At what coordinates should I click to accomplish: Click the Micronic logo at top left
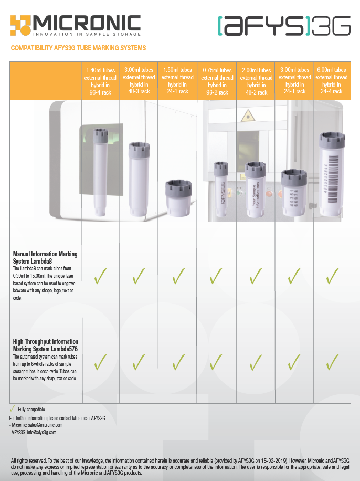pos(76,26)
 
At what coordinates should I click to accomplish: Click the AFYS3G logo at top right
pos(284,26)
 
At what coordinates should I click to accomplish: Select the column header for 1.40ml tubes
pos(100,81)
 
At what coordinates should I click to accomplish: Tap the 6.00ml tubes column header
pos(332,81)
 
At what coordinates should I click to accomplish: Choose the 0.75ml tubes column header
pos(217,81)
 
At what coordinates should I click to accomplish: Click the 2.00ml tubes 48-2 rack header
pos(256,81)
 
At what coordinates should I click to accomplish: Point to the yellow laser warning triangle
pos(248,116)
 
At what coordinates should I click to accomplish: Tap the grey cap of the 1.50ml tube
pos(178,190)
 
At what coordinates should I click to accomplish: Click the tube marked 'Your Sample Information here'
pos(256,190)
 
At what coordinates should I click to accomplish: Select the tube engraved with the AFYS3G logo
pos(221,189)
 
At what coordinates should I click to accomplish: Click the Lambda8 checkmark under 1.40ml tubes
pos(100,276)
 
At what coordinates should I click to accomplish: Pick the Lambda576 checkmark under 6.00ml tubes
pos(332,362)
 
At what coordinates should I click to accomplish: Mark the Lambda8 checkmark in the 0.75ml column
pos(216,276)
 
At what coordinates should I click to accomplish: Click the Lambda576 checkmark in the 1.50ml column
pos(178,362)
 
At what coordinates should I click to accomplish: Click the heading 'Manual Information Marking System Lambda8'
pos(45,257)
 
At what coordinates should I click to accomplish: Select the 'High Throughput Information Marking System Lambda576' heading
pos(45,345)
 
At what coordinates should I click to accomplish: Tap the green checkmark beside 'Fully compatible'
pos(12,409)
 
